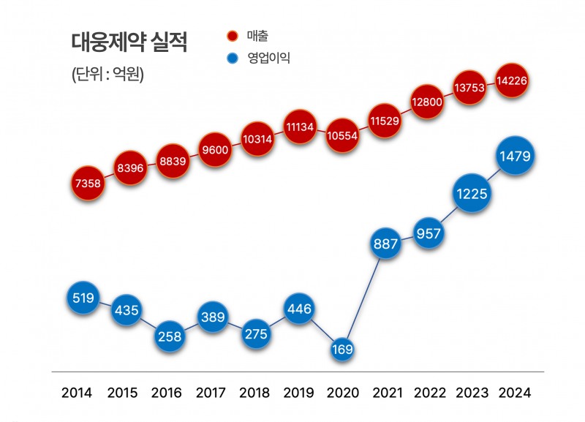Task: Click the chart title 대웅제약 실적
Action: click(x=129, y=43)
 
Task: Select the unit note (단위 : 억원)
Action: click(x=107, y=75)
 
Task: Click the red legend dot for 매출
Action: click(x=233, y=36)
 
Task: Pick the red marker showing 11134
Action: click(x=300, y=127)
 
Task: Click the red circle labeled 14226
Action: click(x=513, y=81)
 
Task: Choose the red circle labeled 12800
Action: click(x=427, y=102)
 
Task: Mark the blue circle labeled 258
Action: click(x=169, y=336)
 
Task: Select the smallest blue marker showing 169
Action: click(x=341, y=349)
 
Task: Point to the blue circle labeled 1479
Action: click(x=516, y=156)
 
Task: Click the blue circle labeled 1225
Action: click(x=472, y=194)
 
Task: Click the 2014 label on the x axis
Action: click(x=78, y=393)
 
